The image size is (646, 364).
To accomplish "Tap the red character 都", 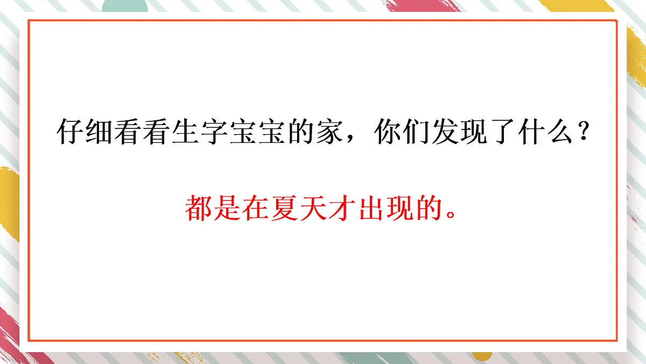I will [x=199, y=208].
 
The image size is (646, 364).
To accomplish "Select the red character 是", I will [x=228, y=208].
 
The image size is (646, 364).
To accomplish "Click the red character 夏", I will [x=286, y=208].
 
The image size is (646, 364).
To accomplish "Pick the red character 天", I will [x=315, y=208].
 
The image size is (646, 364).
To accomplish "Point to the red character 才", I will [x=344, y=208].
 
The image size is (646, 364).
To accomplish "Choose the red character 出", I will [x=373, y=208].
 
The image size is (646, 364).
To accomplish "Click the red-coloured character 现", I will [x=402, y=208].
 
